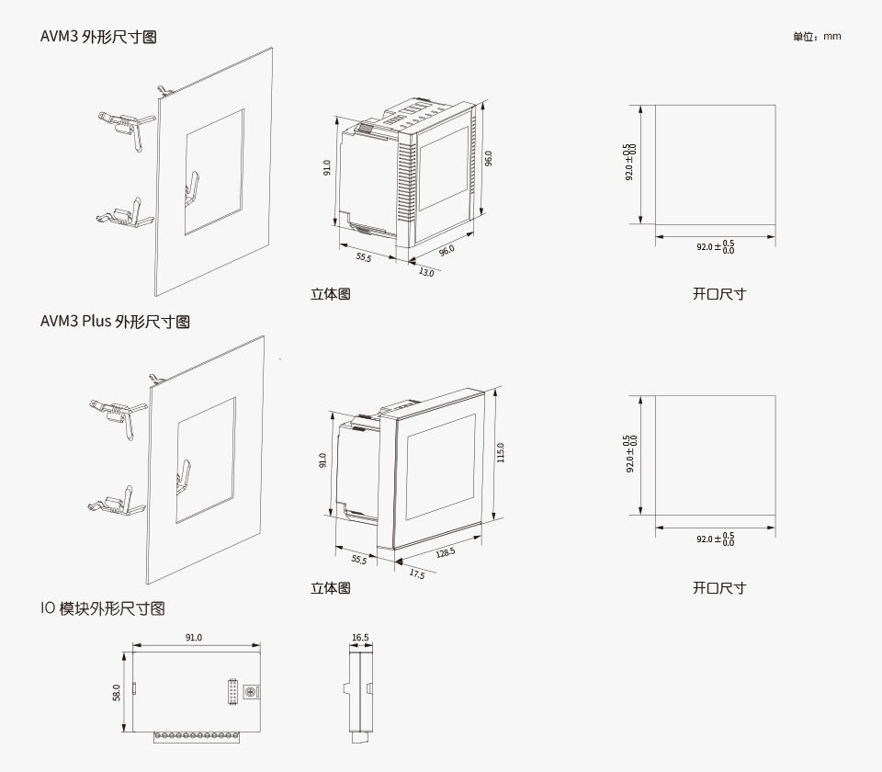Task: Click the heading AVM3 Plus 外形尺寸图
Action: pyautogui.click(x=115, y=322)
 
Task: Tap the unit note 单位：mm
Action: pyautogui.click(x=817, y=37)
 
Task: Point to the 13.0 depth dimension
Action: pyautogui.click(x=426, y=272)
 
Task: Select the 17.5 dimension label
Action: pyautogui.click(x=416, y=573)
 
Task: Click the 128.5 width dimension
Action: pyautogui.click(x=446, y=552)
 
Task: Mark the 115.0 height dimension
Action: pyautogui.click(x=501, y=452)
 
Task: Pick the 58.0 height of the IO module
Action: pyautogui.click(x=117, y=692)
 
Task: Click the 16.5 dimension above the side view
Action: pyautogui.click(x=360, y=637)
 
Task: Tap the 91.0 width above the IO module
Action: pyautogui.click(x=194, y=637)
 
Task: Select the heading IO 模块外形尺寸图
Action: pyautogui.click(x=102, y=608)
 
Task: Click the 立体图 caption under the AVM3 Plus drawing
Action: pyautogui.click(x=330, y=588)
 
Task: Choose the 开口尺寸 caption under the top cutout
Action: pyautogui.click(x=718, y=294)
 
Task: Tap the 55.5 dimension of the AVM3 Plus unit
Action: pyautogui.click(x=357, y=559)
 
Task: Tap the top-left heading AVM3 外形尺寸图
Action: pyautogui.click(x=98, y=37)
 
